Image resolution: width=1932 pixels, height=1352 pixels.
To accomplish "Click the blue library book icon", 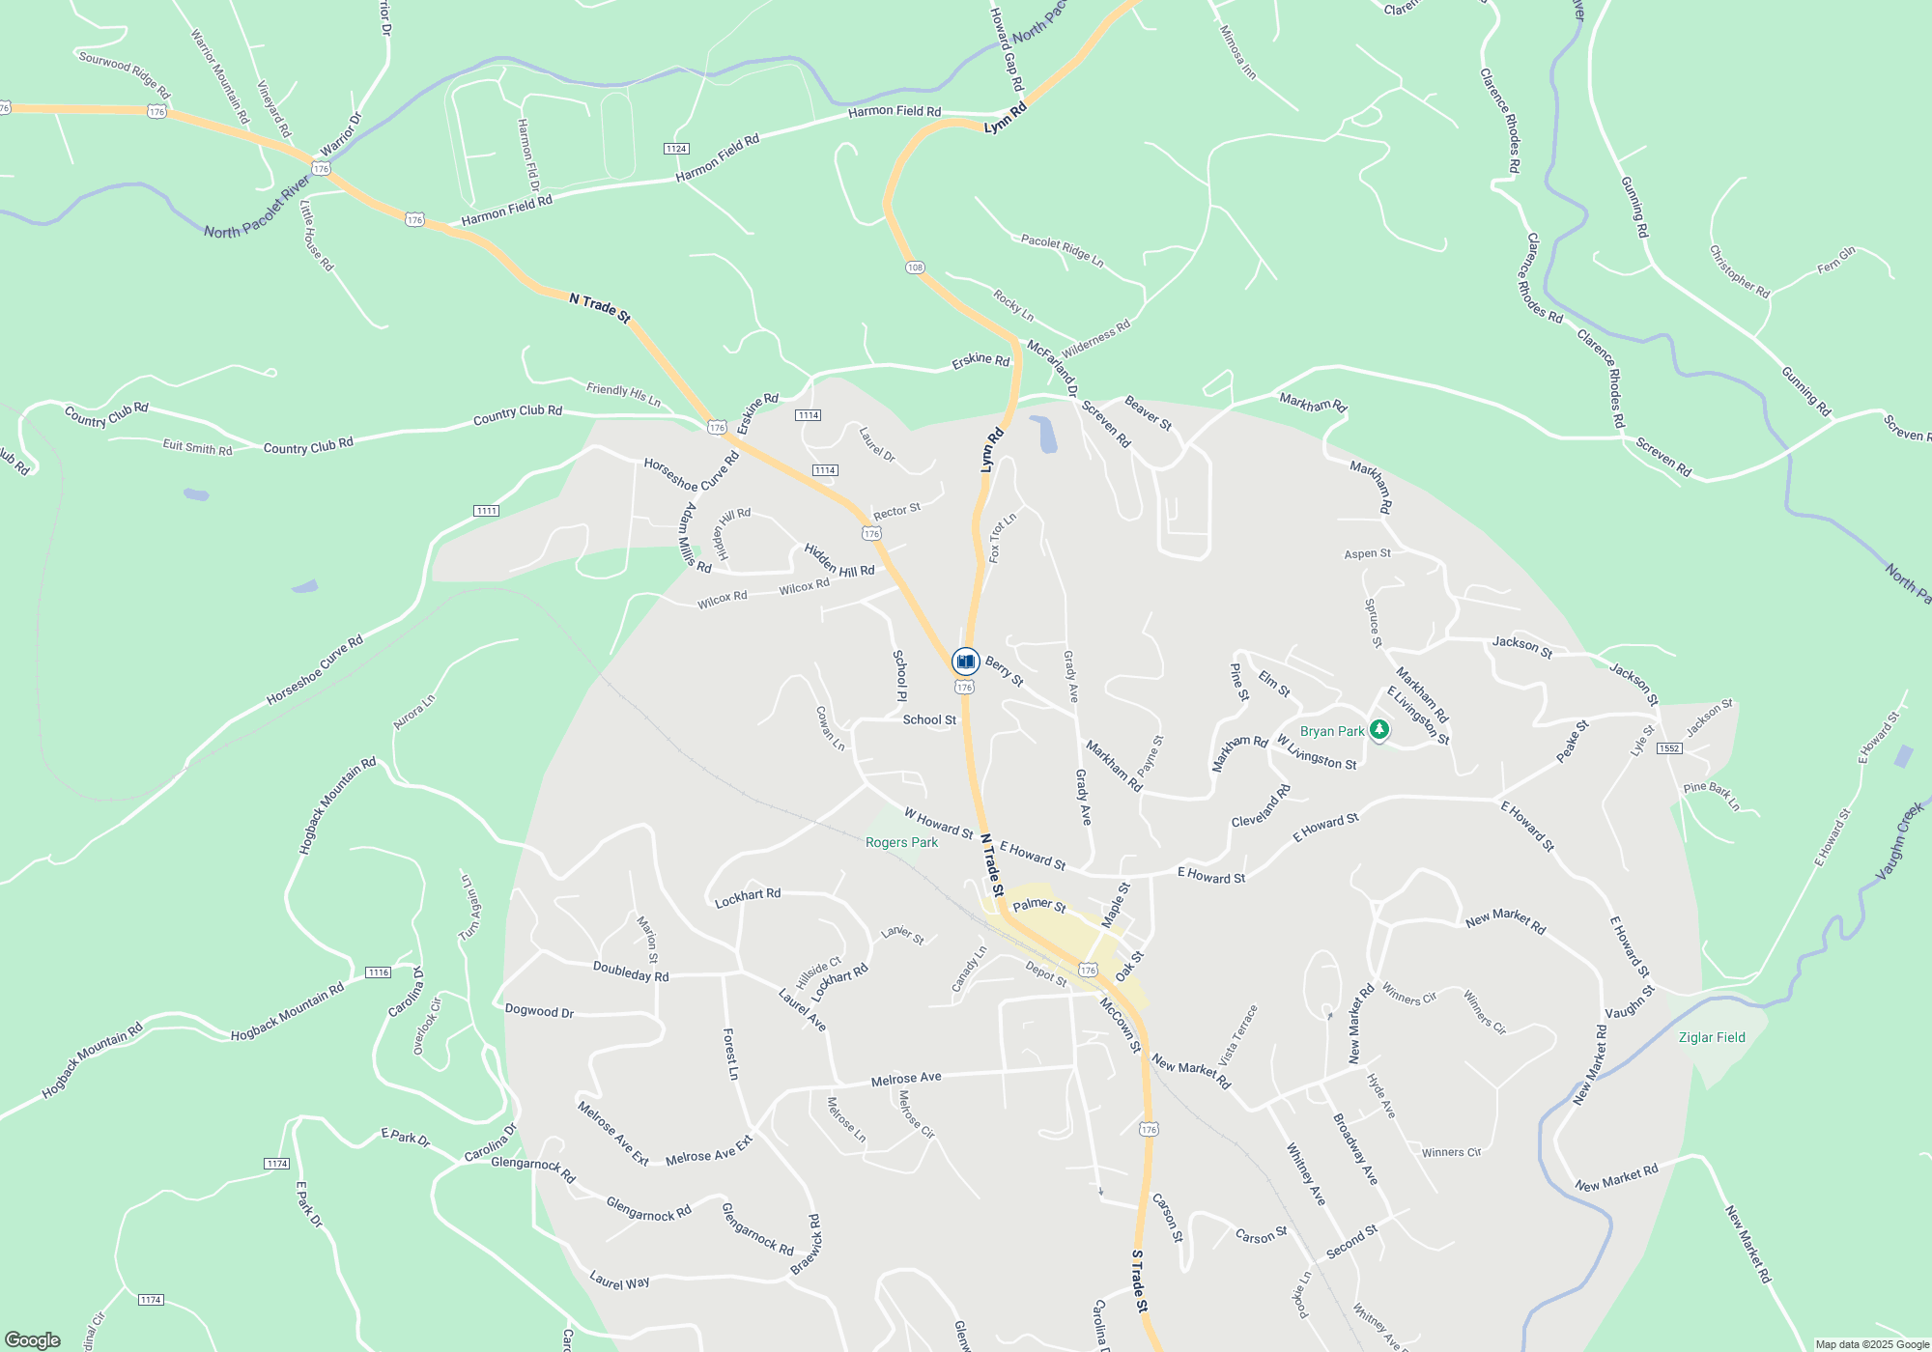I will pos(965,662).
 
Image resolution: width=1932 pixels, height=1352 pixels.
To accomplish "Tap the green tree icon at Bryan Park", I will pos(1379,730).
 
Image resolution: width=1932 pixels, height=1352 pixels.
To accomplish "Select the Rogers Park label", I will pos(901,842).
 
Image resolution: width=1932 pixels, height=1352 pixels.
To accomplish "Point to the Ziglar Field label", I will pos(1712,1037).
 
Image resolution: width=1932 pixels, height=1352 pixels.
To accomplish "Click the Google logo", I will pos(33,1340).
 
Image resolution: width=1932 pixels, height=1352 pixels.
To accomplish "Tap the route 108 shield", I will pos(915,267).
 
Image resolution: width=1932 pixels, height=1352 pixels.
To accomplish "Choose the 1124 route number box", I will pos(676,148).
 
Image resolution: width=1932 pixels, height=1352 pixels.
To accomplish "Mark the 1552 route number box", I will pos(1669,748).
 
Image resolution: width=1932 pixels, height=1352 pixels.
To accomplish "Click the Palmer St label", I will pos(1038,905).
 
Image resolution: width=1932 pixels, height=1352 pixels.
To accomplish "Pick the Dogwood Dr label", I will pos(539,1011).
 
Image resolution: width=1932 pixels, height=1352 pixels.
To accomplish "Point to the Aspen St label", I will pos(1367,553).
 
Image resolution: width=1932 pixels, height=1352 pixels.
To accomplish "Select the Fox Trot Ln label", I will pos(1001,538).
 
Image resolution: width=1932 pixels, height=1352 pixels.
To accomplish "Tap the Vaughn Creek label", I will pos(1898,841).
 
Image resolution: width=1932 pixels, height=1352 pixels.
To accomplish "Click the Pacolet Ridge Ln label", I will pos(1062,250).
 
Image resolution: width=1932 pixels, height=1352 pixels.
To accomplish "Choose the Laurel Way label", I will pos(619,1282).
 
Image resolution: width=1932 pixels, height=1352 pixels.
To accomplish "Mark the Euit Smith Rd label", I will pos(197,447).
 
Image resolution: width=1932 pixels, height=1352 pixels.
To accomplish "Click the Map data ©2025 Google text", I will pos(1871,1344).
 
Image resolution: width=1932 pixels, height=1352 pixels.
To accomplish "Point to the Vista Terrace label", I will pos(1238,1034).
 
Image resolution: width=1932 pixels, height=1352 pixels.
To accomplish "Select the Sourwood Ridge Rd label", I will pos(124,73).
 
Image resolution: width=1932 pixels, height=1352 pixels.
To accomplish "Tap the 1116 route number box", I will pos(378,972).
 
